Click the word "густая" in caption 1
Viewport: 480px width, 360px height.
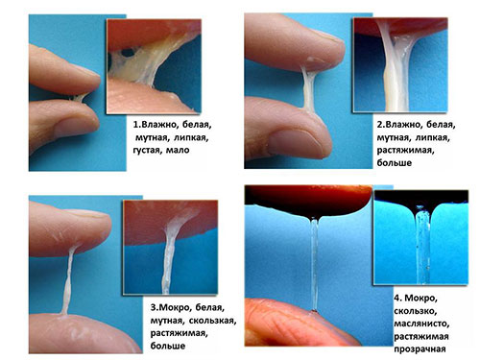point(148,151)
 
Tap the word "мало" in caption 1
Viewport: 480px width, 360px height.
point(178,150)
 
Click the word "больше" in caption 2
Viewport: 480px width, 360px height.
point(395,163)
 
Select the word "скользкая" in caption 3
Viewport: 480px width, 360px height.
point(212,321)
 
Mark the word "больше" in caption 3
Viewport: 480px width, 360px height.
point(168,346)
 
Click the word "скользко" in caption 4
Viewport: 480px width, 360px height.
point(416,311)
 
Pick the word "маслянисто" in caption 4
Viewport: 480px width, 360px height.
point(421,324)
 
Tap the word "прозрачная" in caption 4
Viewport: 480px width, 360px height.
point(420,349)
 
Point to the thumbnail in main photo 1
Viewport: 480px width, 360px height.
point(75,127)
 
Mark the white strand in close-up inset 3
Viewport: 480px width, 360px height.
point(169,256)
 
